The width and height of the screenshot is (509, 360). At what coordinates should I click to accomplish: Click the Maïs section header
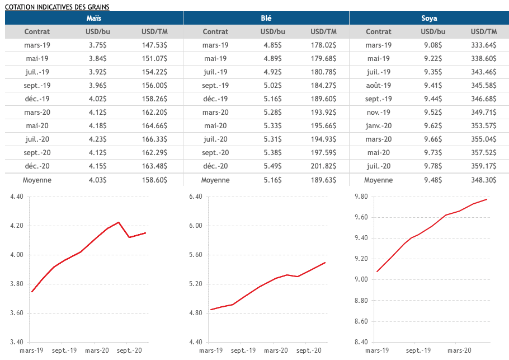(94, 18)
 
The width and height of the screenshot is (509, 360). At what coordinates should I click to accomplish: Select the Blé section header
(266, 18)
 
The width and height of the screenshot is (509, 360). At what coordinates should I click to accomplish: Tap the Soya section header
(429, 18)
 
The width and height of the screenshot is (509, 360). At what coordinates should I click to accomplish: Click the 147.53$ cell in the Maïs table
(154, 45)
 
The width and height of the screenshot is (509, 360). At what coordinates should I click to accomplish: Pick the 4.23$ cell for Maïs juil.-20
(97, 139)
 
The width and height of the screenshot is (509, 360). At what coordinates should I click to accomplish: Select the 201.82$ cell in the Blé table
(324, 166)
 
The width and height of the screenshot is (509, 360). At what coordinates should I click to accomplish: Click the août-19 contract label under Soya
(379, 86)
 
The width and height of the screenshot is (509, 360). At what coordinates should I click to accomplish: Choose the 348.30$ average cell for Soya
(484, 180)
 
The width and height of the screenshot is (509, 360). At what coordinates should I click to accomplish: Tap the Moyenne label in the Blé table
(215, 180)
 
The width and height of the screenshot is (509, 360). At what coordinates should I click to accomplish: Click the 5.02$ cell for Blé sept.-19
(272, 86)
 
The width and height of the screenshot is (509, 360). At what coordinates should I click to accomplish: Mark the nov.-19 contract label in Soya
(379, 113)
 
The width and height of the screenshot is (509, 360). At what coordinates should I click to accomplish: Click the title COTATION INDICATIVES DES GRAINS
(56, 7)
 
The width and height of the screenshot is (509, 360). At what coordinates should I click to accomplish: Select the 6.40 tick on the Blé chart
(195, 197)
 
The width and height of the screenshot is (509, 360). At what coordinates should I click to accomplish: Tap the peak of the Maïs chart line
(118, 222)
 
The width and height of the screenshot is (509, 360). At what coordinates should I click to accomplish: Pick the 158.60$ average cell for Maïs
(154, 180)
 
